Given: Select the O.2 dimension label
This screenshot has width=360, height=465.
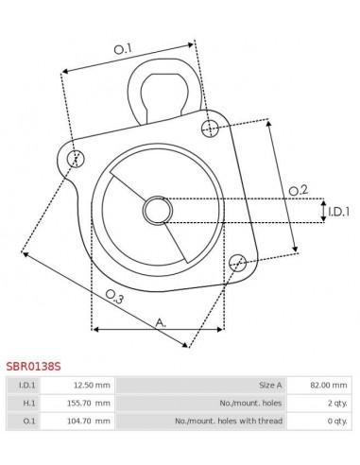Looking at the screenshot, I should [298, 190].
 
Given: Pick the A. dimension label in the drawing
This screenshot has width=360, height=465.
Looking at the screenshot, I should [161, 322].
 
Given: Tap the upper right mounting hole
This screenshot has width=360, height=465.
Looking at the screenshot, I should [210, 128].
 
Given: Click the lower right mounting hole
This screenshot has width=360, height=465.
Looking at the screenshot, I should [237, 262].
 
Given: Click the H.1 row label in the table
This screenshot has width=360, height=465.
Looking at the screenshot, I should [27, 403].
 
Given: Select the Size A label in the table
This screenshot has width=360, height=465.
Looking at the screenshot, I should [269, 385].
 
